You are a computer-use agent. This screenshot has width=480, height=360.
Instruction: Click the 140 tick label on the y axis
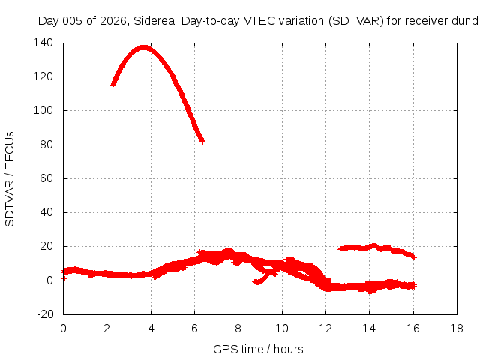click(43, 43)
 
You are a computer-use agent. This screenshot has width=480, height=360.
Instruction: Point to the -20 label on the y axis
click(45, 314)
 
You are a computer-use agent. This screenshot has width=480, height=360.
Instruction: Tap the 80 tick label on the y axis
click(46, 145)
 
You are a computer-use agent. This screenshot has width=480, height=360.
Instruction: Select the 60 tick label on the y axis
click(46, 178)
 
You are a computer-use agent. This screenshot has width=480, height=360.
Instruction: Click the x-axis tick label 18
click(457, 328)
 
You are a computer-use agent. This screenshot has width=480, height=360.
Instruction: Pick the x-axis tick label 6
click(194, 328)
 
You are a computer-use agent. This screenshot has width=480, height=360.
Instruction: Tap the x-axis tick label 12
click(325, 328)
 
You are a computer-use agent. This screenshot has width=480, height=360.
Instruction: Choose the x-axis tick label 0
click(63, 328)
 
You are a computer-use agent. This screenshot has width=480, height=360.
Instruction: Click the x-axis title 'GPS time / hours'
click(258, 349)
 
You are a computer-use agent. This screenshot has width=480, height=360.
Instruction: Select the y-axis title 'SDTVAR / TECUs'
click(10, 179)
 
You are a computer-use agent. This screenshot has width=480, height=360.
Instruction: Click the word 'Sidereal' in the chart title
click(155, 21)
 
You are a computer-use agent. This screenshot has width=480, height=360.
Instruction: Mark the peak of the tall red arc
click(143, 48)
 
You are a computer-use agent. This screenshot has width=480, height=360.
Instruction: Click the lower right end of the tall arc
click(202, 142)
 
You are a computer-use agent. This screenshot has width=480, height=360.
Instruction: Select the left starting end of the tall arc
click(113, 84)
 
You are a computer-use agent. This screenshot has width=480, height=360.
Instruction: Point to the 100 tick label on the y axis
click(43, 110)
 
